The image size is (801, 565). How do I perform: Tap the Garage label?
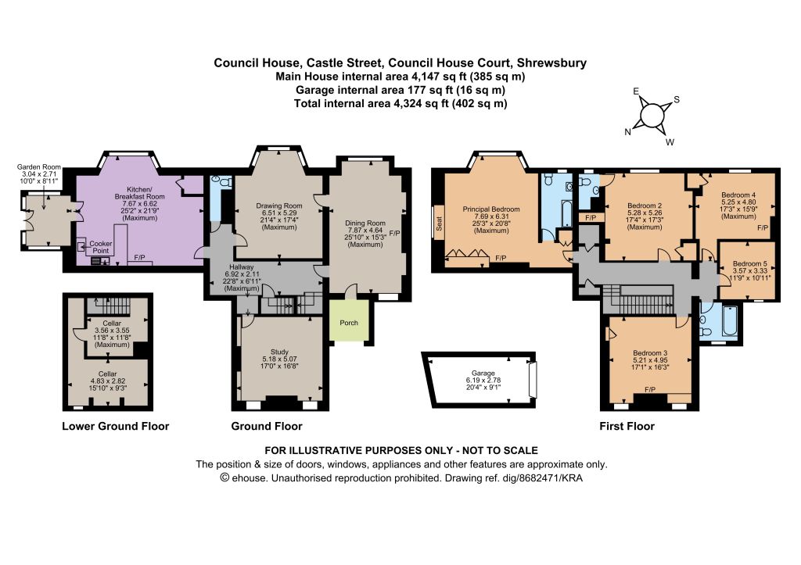[x=483, y=373]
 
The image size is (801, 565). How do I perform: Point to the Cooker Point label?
[x=101, y=247]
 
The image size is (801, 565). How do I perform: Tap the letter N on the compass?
[x=628, y=132]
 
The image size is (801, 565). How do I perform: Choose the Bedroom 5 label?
[x=750, y=264]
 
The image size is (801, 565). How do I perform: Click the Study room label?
[x=279, y=352]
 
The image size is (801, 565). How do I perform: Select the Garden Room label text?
[x=39, y=167]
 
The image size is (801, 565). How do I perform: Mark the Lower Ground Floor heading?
[x=116, y=426]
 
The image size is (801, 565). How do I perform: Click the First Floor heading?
[x=627, y=426]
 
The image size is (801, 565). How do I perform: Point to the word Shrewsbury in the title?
[x=551, y=63]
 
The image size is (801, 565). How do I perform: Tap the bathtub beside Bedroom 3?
[x=730, y=320]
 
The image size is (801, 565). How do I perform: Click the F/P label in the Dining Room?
[x=395, y=233]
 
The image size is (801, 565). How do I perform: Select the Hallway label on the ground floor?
[x=241, y=267]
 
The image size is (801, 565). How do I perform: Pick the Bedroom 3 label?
[x=650, y=352]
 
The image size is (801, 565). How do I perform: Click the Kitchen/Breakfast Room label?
[x=139, y=193]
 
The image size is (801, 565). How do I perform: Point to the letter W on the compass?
[x=670, y=142]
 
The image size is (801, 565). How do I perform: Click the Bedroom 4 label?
[x=738, y=195]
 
